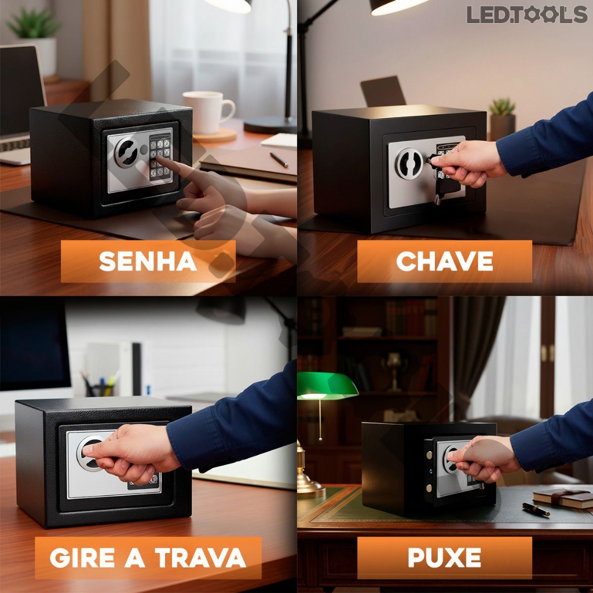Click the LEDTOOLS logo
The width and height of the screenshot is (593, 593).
[527, 14]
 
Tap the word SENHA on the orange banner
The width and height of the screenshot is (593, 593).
[148, 261]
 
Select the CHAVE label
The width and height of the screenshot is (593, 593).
[444, 261]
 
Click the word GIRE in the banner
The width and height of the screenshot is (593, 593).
[82, 558]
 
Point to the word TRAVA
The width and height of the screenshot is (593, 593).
[200, 558]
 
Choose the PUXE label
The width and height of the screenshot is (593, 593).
[444, 558]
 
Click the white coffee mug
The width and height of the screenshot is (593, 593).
[208, 112]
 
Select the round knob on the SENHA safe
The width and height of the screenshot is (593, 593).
[126, 152]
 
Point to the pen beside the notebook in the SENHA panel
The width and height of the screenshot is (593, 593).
[279, 160]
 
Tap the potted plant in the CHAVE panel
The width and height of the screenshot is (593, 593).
[502, 119]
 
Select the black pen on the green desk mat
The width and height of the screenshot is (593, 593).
[536, 509]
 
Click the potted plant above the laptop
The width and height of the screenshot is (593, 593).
[35, 40]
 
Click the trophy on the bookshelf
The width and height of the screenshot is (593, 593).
[394, 371]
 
